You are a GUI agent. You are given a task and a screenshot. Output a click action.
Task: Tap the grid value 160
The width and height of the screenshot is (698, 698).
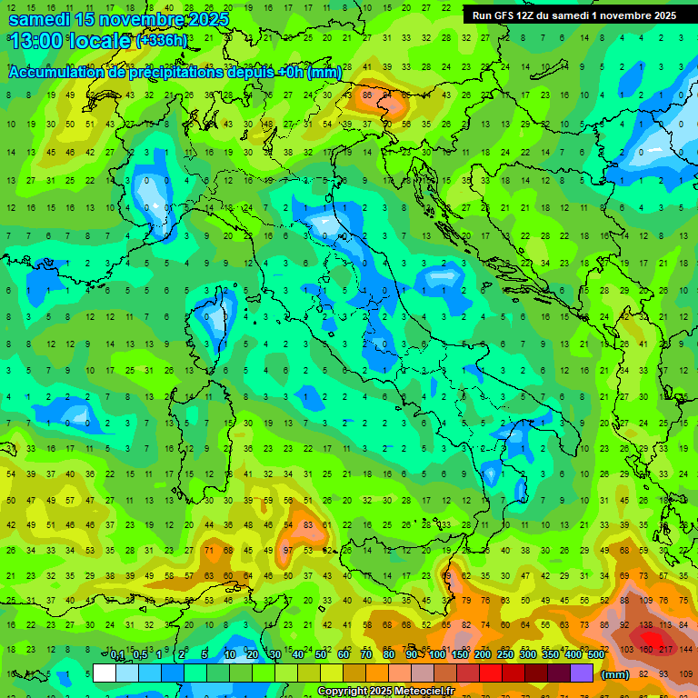646,650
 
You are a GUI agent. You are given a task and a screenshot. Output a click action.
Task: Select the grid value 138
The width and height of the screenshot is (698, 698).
646,625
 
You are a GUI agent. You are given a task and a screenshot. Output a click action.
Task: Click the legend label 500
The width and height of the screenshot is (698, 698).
595,655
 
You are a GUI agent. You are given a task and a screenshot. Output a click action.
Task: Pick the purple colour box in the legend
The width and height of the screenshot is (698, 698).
582,673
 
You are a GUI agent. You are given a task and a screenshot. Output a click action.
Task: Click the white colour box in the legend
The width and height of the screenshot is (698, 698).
105,673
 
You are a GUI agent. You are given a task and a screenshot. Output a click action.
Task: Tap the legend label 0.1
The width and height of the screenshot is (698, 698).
117,655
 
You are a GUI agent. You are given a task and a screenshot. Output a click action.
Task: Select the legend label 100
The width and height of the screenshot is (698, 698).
437,655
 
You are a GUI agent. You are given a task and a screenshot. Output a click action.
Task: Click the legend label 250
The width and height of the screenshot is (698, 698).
504,655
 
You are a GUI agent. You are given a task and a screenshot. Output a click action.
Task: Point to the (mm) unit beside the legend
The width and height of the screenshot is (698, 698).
615,674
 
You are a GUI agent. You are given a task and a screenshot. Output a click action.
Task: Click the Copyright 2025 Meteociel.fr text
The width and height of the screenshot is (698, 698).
385,692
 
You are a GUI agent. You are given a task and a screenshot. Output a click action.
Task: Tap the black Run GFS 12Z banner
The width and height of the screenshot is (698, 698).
573,15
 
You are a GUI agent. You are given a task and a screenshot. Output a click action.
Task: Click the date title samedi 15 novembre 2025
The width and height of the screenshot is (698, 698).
118,19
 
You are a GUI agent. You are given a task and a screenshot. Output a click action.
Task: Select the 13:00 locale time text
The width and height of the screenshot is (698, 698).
70,41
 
